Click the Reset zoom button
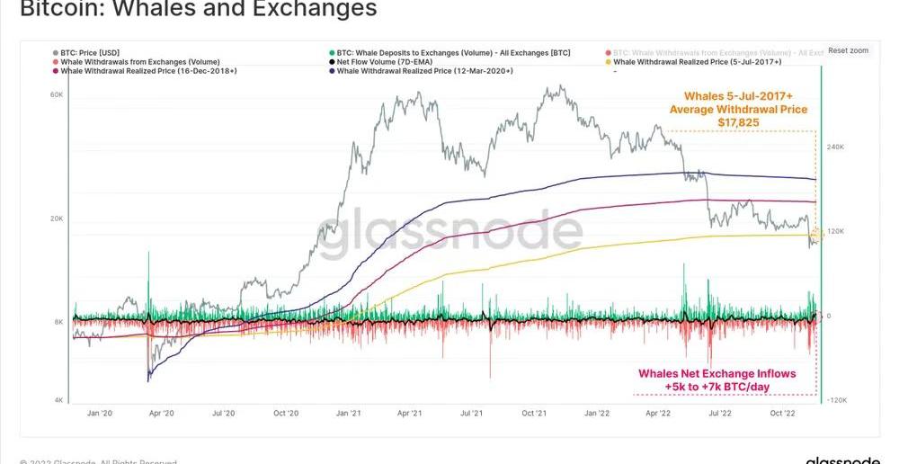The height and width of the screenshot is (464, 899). tap(848, 50)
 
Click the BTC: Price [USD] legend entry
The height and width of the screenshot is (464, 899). tap(89, 53)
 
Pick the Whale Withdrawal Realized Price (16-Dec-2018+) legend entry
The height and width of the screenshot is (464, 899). tap(147, 70)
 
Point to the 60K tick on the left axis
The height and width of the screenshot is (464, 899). tap(56, 94)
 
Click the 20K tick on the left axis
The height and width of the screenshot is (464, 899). tap(56, 219)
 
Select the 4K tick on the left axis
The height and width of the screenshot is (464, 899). tap(58, 400)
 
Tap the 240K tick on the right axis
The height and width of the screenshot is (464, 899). tap(836, 147)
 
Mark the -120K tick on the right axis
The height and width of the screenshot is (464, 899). tap(838, 400)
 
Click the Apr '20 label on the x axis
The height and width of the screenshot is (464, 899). tap(161, 414)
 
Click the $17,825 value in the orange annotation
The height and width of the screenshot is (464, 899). tap(738, 122)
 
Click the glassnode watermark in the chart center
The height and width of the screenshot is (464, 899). tap(449, 233)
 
